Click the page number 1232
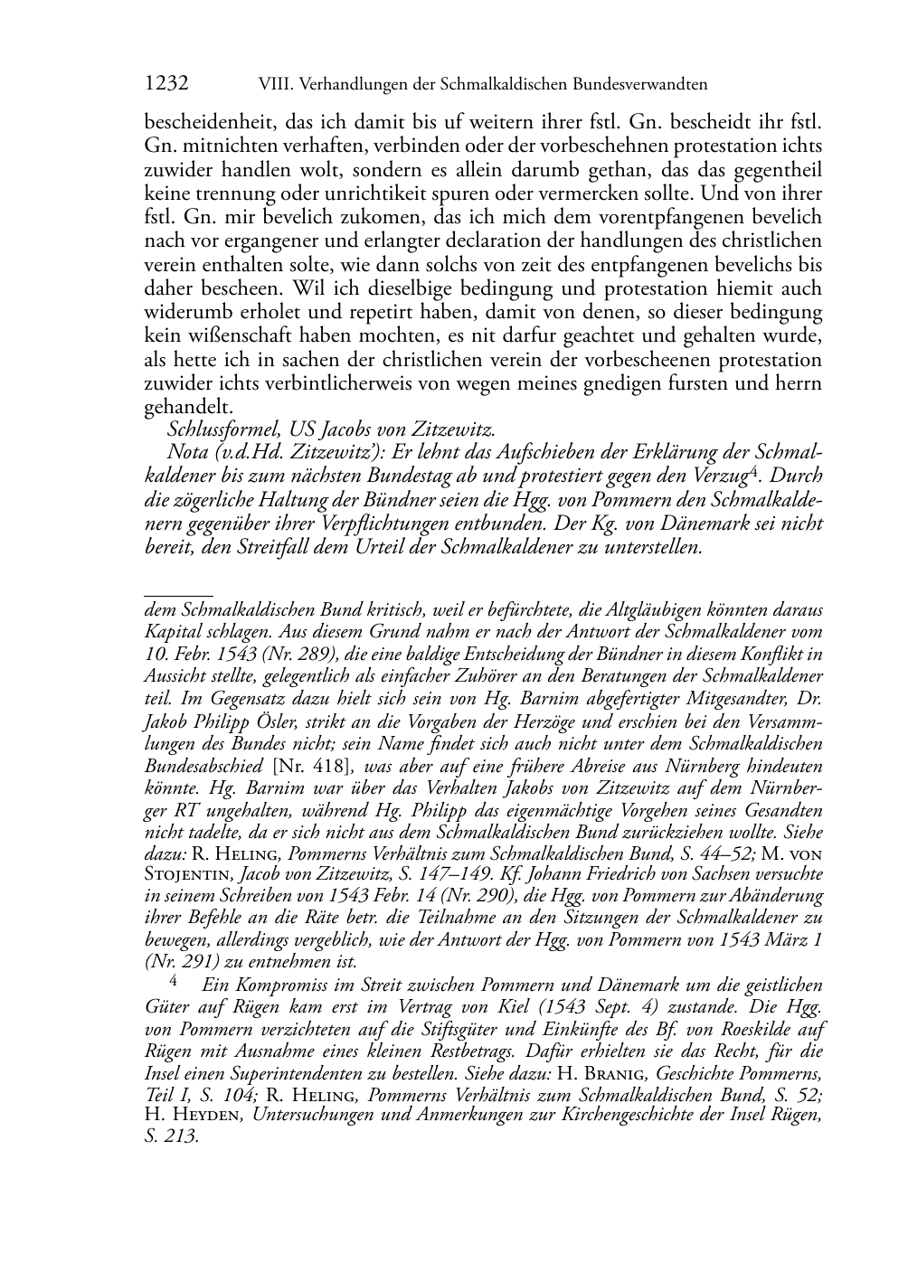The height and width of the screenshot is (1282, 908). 166,84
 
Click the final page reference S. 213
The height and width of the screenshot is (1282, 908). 171,1136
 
